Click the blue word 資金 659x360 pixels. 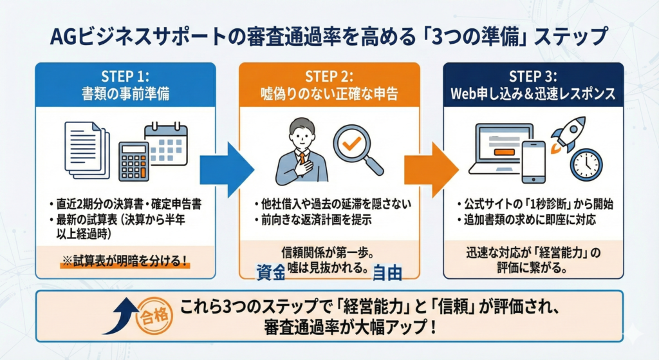point(270,272)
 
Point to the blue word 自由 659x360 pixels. point(387,272)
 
